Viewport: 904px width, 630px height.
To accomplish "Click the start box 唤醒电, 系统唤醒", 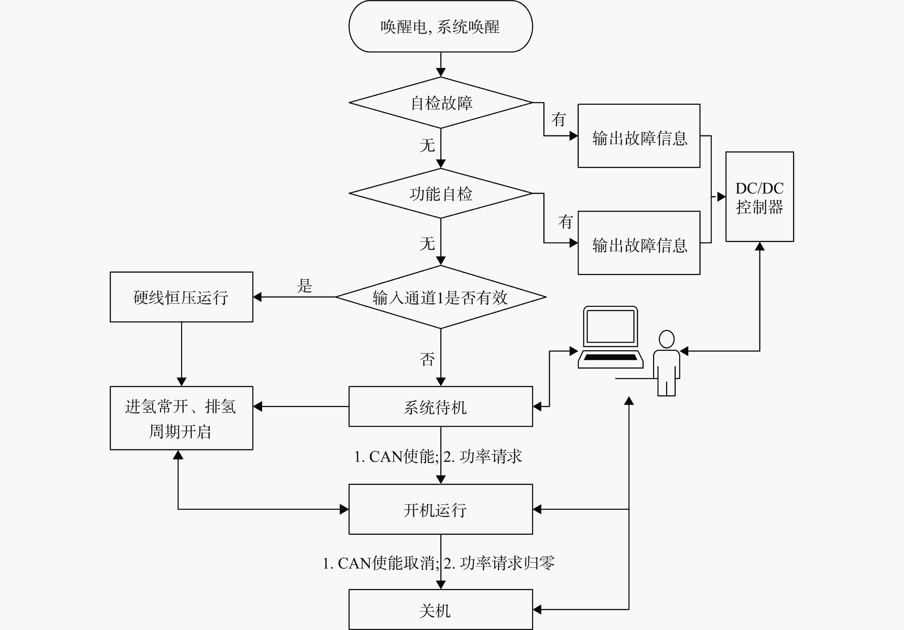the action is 441,26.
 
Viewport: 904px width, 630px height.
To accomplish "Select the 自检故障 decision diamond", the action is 441,102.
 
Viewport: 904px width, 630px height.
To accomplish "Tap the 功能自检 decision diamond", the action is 441,193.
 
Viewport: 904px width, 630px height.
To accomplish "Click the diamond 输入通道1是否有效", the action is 441,297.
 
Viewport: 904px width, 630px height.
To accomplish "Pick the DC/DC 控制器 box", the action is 760,196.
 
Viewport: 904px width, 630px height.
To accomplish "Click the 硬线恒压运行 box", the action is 182,297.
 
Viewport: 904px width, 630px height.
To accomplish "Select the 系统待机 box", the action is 441,406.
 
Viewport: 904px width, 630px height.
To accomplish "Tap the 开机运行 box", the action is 441,509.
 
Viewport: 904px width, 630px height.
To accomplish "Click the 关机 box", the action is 441,609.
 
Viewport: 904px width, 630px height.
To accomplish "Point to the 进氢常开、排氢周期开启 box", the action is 182,418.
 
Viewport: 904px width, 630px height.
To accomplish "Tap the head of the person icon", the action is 667,339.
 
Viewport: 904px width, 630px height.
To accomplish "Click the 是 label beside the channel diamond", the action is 304,286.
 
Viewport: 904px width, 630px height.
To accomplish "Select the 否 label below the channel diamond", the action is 427,359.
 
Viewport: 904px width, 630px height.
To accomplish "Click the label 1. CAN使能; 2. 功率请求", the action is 438,456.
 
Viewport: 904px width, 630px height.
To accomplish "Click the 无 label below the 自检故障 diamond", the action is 427,145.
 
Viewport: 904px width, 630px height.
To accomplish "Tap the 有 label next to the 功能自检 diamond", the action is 565,222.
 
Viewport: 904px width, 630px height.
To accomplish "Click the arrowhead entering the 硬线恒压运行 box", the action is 257,297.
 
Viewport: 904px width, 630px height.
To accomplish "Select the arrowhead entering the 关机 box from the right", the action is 537,609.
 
